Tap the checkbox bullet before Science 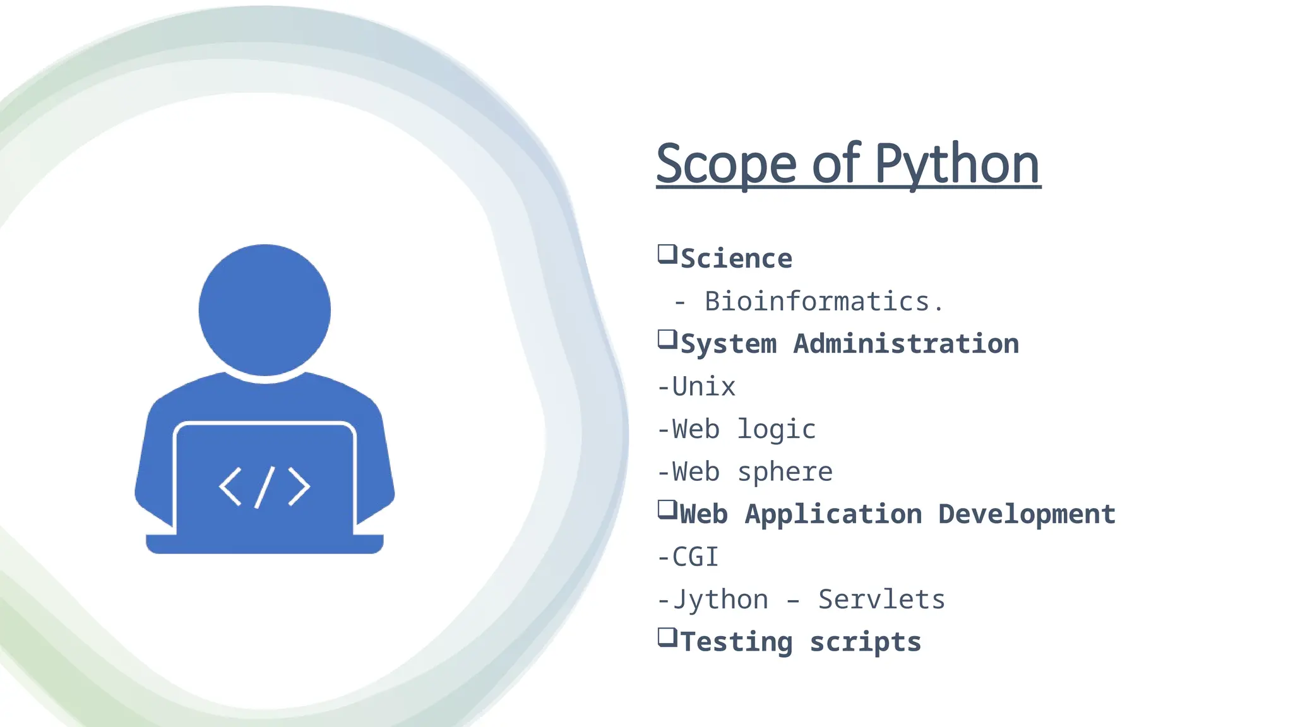coord(667,254)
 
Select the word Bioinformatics coord(818,302)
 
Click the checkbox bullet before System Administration coord(667,340)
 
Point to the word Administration coord(906,344)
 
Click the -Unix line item coord(696,387)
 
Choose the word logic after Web coord(777,430)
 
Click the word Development coord(1027,514)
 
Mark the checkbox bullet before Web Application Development coord(667,509)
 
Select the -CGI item coord(688,557)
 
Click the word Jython coord(720,600)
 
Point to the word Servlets coord(881,600)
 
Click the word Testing coord(736,642)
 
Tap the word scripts coord(866,642)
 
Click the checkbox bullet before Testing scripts coord(667,637)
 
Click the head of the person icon coord(265,310)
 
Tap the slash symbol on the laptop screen coord(265,487)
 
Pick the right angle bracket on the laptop coord(299,487)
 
